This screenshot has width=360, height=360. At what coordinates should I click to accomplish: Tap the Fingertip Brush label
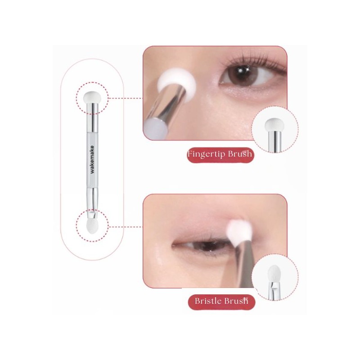(220, 155)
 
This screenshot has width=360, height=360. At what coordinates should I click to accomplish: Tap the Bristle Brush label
(220, 301)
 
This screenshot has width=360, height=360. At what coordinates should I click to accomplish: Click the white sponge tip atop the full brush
(93, 96)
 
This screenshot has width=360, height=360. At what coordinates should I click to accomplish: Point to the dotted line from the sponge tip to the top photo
(126, 97)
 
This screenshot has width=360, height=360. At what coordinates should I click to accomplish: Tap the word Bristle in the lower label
(209, 301)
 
